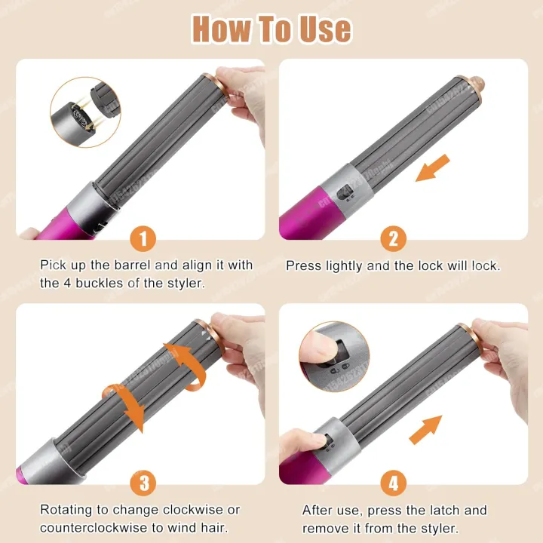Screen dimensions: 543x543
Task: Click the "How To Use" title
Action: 271,28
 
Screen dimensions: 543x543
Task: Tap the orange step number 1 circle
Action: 143,239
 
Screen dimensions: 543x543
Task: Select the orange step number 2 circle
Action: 393,239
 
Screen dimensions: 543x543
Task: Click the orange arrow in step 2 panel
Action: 432,167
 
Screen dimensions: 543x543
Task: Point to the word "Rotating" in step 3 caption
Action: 66,510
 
